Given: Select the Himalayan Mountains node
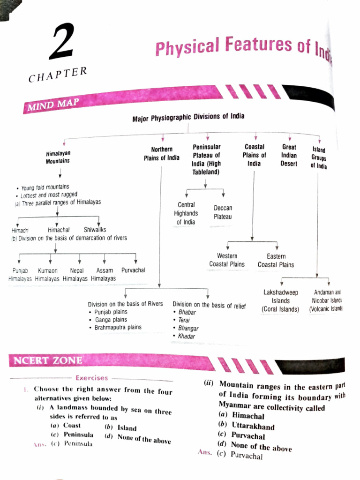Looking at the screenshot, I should point(58,157).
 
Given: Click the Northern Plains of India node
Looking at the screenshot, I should point(161,154).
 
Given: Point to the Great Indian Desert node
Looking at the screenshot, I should point(289,155).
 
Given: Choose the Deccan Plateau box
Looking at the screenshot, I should point(223,212).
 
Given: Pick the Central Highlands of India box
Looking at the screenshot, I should point(187,213).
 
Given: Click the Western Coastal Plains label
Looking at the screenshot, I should point(227,260).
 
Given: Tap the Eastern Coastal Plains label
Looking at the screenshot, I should point(276,261).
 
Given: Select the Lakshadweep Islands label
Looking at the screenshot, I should point(281,301).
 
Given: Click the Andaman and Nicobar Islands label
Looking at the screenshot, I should point(327,300).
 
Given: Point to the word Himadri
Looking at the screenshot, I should point(20,230).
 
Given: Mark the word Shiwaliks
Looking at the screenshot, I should point(95,230).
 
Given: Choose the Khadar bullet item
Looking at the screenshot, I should point(186,336).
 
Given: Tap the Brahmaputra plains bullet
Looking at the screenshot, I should point(118,327).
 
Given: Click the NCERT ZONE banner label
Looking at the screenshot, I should point(48,360).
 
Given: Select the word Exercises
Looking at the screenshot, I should point(91,377).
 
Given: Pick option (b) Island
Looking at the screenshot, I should point(121,427).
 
